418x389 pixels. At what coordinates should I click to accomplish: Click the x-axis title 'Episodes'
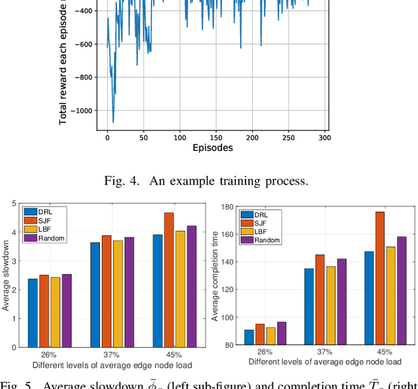(213, 148)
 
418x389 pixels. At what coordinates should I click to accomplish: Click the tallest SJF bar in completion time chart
(379, 278)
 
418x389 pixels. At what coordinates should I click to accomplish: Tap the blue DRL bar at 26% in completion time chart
(249, 337)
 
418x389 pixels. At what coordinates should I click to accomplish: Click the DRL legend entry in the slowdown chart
(40, 211)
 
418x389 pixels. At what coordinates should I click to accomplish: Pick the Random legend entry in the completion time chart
(263, 240)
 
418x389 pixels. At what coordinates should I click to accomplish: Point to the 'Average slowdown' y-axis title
(6, 274)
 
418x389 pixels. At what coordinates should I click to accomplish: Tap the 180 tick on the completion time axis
(229, 206)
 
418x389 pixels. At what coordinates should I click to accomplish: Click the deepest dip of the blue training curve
(113, 122)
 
